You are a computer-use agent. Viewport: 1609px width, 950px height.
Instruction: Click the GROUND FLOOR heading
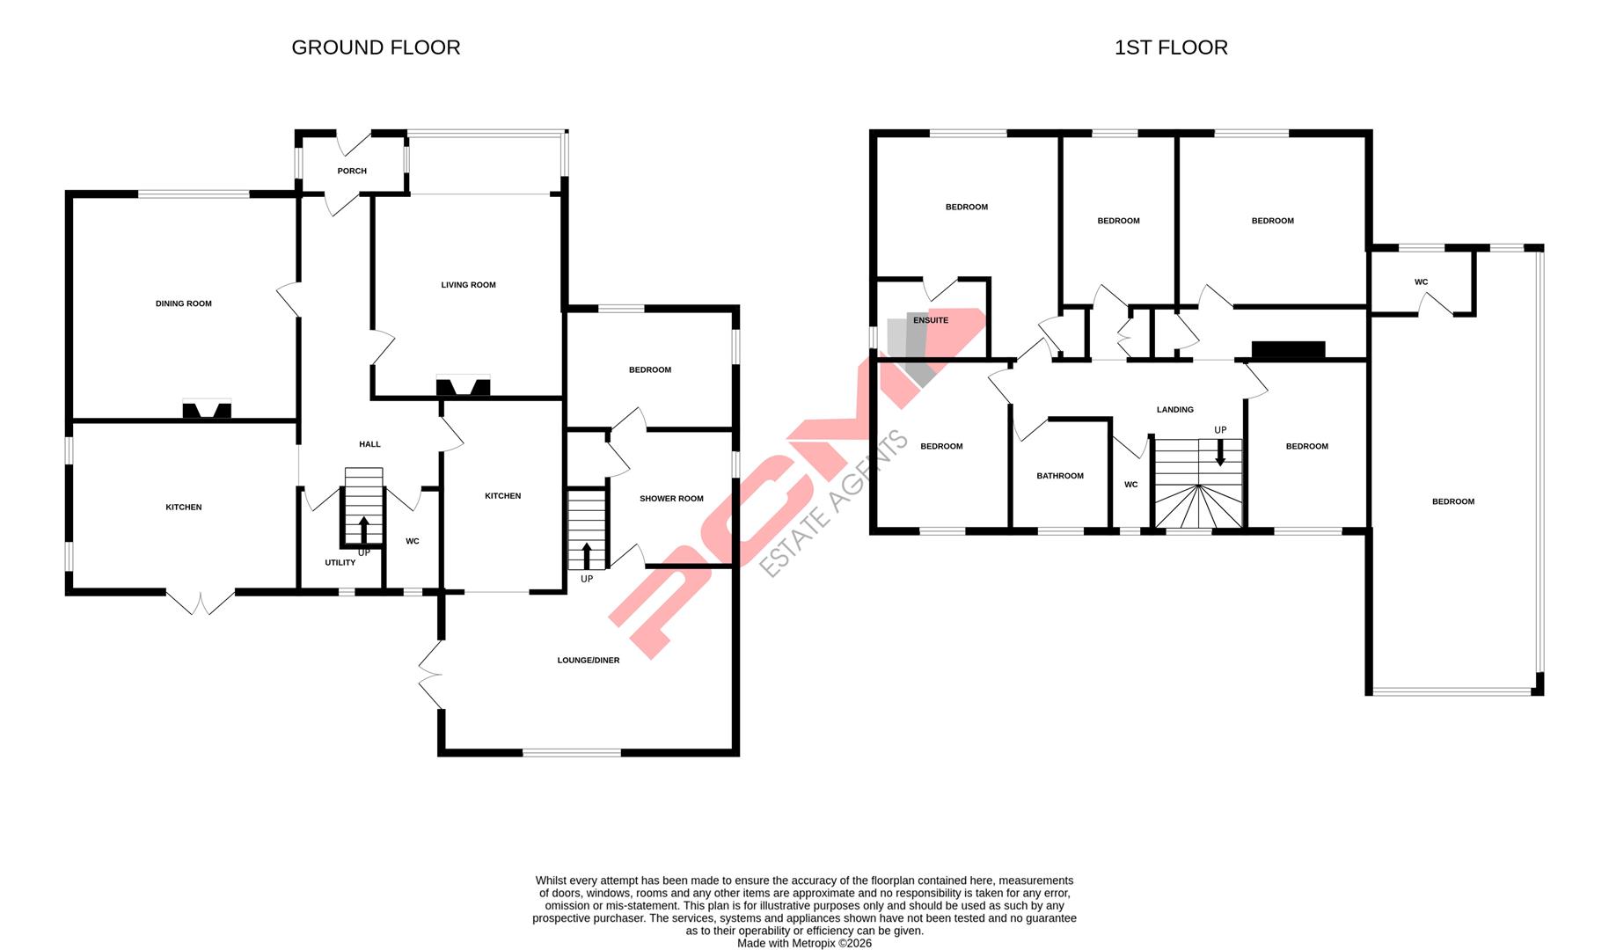[376, 47]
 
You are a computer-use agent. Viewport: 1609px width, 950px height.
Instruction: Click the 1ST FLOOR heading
[1170, 47]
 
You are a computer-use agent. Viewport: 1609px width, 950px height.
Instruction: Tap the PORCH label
[352, 171]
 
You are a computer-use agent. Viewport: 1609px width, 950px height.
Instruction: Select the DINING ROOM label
[183, 303]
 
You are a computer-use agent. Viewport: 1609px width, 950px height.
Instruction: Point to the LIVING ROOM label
[468, 285]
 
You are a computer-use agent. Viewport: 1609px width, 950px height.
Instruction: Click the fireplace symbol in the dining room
[207, 410]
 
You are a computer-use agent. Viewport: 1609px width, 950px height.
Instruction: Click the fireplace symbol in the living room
[464, 386]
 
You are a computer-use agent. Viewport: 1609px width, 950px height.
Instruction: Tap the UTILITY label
[340, 562]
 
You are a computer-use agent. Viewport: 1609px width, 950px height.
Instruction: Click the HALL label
[369, 444]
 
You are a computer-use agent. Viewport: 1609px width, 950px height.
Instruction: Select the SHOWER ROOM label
[671, 499]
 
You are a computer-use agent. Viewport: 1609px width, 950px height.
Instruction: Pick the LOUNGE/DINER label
[589, 661]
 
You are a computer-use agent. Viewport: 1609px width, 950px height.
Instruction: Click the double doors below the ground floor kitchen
[201, 602]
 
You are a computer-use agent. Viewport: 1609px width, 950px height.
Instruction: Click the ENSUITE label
[930, 320]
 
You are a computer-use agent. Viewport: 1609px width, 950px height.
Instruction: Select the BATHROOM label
[1059, 476]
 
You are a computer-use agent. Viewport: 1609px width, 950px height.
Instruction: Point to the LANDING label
[1174, 410]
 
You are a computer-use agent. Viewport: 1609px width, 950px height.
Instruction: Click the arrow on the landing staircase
[1220, 453]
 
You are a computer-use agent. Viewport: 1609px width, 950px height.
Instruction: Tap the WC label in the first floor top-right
[1421, 282]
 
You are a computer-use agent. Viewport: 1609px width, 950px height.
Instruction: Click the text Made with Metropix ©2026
[804, 943]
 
